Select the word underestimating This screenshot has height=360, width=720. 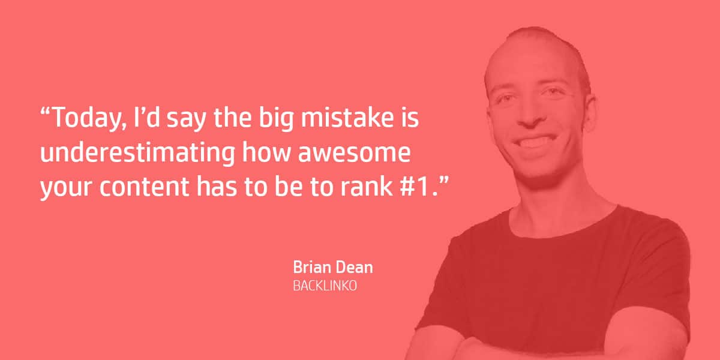tap(137, 152)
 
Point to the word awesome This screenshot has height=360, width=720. tap(354, 154)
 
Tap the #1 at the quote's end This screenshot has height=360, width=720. tap(415, 187)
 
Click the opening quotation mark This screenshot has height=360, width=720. tap(45, 112)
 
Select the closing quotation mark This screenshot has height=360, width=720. tap(444, 180)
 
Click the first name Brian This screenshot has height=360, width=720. tap(312, 268)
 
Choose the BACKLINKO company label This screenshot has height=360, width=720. tap(325, 286)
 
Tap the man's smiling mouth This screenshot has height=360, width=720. tap(536, 142)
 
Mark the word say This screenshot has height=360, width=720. tap(186, 120)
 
